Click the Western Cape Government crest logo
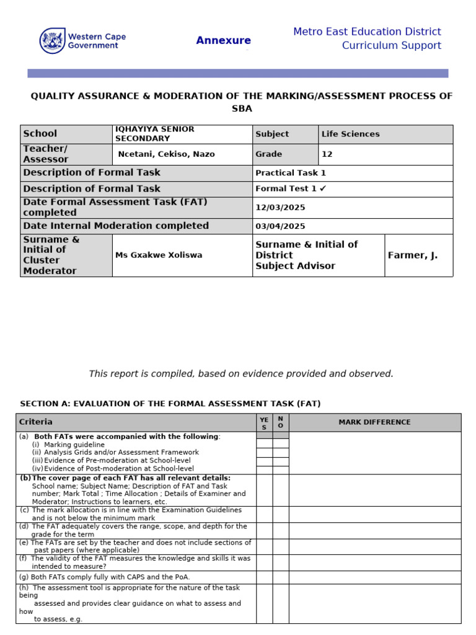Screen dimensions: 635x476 point(51,41)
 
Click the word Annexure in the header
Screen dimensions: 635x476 point(223,41)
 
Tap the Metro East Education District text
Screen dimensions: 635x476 point(367,32)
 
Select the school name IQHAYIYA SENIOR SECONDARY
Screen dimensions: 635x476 point(154,134)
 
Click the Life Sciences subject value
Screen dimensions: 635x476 point(350,134)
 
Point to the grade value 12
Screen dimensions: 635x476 point(327,154)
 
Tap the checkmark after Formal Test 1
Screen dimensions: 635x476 point(323,189)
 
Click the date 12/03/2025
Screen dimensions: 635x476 point(280,208)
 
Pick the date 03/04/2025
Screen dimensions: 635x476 point(280,226)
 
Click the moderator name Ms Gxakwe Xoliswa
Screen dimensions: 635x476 point(158,255)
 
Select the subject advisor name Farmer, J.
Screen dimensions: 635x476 point(412,255)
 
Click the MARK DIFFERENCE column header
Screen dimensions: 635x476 point(374,422)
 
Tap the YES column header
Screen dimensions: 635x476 point(264,422)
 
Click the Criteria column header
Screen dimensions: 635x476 point(36,422)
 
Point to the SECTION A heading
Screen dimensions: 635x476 point(170,404)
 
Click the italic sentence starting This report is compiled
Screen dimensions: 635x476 point(241,373)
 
